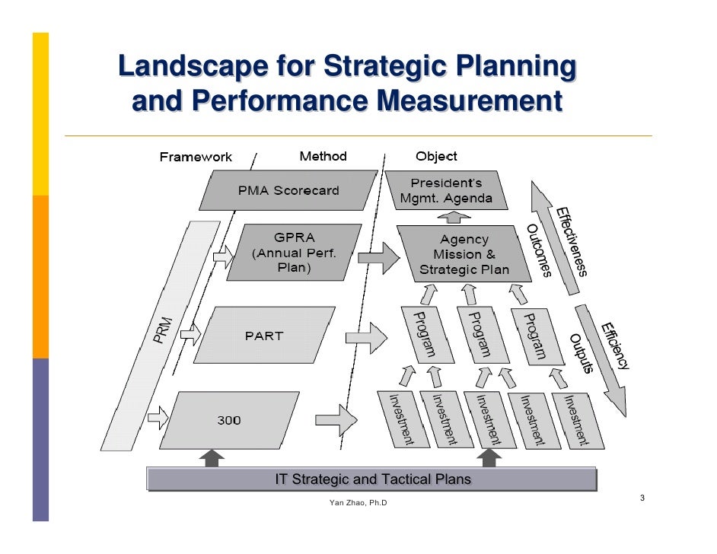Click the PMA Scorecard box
tap(288, 190)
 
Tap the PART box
tap(264, 335)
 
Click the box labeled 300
tap(229, 420)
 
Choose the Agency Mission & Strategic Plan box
tap(464, 254)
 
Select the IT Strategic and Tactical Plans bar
tap(372, 479)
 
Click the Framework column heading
tap(196, 157)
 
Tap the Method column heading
tap(323, 156)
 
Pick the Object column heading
tap(436, 156)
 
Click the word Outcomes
tap(539, 250)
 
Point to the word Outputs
tap(581, 354)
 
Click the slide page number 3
tap(642, 498)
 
